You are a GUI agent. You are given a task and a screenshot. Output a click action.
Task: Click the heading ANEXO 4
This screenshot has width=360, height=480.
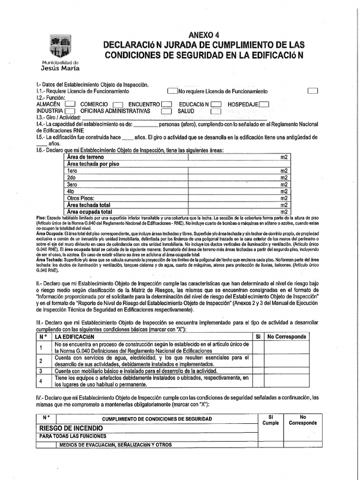click(203, 35)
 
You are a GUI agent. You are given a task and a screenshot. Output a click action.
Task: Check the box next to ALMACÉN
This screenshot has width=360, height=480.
click(70, 105)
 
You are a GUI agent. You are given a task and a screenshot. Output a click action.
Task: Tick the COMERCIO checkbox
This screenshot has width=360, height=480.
click(118, 105)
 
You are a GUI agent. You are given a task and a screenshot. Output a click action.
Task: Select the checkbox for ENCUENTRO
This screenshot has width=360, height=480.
click(166, 105)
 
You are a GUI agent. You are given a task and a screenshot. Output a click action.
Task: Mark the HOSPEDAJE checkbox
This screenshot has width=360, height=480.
click(264, 105)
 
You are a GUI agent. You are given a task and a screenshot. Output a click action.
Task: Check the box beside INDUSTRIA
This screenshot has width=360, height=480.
click(70, 112)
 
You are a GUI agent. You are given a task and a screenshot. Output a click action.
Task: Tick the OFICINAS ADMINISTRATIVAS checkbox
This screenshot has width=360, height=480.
click(166, 112)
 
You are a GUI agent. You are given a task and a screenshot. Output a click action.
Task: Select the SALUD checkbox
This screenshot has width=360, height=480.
click(215, 112)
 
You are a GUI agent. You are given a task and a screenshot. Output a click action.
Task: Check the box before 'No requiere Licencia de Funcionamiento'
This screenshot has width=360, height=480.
click(172, 91)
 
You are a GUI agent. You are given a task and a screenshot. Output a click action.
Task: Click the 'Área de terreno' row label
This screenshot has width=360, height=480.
click(85, 157)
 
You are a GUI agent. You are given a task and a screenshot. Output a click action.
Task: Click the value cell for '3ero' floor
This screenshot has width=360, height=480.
click(234, 185)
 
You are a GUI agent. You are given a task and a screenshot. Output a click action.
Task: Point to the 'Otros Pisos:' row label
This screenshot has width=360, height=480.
click(81, 198)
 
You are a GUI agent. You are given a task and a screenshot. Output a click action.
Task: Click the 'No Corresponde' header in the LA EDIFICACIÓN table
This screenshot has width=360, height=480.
click(286, 337)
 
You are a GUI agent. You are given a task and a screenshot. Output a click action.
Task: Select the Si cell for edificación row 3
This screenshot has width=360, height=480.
click(257, 370)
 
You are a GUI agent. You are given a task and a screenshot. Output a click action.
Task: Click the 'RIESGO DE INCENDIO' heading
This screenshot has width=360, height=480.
click(71, 428)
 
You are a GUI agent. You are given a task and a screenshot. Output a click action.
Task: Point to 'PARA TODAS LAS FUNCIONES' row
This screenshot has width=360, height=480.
click(73, 436)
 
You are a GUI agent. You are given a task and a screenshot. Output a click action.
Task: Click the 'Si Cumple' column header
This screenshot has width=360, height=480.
click(270, 420)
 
